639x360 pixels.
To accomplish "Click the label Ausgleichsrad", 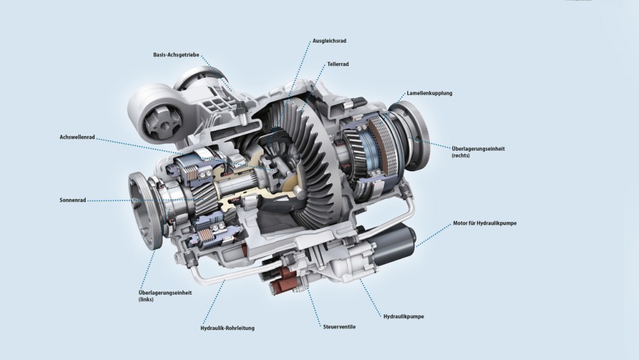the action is pyautogui.click(x=329, y=41).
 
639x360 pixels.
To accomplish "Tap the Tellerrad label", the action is pyautogui.click(x=338, y=64).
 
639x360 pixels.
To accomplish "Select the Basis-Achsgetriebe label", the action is pyautogui.click(x=176, y=55).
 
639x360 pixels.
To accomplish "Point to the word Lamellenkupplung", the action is pyautogui.click(x=429, y=93).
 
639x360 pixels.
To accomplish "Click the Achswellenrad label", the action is pyautogui.click(x=77, y=137).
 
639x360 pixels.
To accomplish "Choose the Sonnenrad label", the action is pyautogui.click(x=72, y=200).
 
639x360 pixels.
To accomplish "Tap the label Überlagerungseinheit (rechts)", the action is pyautogui.click(x=478, y=152).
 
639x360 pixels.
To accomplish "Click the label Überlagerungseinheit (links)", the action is pyautogui.click(x=165, y=296).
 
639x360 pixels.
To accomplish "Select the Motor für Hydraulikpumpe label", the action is pyautogui.click(x=485, y=223).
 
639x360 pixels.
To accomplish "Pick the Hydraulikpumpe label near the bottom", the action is pyautogui.click(x=404, y=317).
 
